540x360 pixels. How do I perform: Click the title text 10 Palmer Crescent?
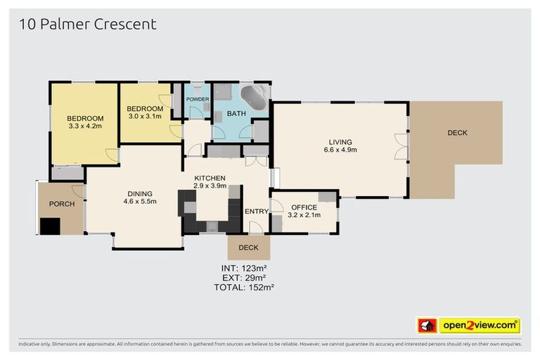pyautogui.click(x=87, y=25)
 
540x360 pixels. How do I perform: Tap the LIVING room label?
pyautogui.click(x=340, y=141)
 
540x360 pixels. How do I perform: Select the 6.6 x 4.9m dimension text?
pyautogui.click(x=340, y=150)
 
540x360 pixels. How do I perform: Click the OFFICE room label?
pyautogui.click(x=304, y=207)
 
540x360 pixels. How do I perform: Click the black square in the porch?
pyautogui.click(x=50, y=226)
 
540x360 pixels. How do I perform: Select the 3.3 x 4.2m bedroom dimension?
pyautogui.click(x=85, y=127)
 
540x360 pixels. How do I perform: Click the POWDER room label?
pyautogui.click(x=198, y=99)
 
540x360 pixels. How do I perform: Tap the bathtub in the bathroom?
pyautogui.click(x=254, y=97)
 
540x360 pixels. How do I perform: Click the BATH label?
pyautogui.click(x=236, y=113)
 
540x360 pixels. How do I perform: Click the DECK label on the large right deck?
pyautogui.click(x=456, y=133)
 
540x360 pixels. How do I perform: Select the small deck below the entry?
pyautogui.click(x=248, y=247)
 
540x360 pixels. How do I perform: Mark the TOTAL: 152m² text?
pyautogui.click(x=244, y=288)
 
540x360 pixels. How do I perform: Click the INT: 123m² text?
pyautogui.click(x=244, y=268)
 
